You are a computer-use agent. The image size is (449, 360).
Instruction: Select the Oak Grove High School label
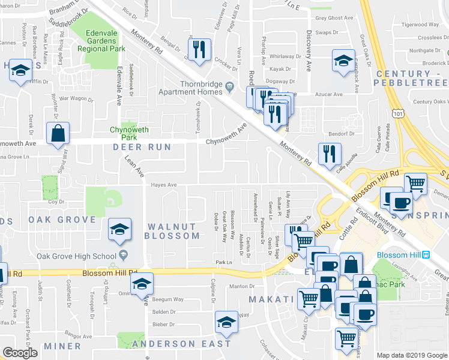coord(76,257)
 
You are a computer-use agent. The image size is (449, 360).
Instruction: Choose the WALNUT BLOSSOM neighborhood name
coord(173,231)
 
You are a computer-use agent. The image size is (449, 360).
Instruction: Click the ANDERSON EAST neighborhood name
coord(181,344)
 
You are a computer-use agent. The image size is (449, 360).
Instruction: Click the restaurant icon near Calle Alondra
coord(329,154)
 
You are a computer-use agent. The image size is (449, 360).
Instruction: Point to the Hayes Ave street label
coord(164,185)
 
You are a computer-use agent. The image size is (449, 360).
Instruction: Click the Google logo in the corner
coord(20,353)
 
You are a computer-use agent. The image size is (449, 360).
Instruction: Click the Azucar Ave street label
coord(330,94)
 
